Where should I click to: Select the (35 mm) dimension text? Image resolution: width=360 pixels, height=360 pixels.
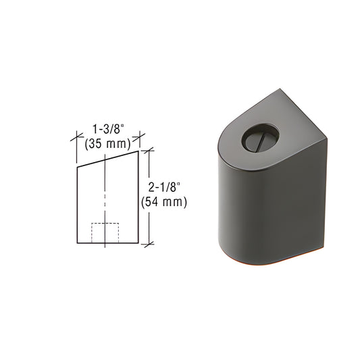click(x=105, y=143)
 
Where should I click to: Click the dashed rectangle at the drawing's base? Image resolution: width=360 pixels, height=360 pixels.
click(x=105, y=232)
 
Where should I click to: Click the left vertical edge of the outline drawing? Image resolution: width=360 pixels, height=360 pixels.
click(x=76, y=203)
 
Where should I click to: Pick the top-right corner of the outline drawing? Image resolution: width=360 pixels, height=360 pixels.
click(x=138, y=151)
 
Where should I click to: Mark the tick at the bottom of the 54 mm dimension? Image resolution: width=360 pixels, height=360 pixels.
click(x=149, y=242)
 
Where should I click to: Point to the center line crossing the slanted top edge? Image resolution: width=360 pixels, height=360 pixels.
click(x=107, y=159)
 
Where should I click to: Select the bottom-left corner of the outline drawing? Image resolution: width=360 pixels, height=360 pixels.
click(x=76, y=242)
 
